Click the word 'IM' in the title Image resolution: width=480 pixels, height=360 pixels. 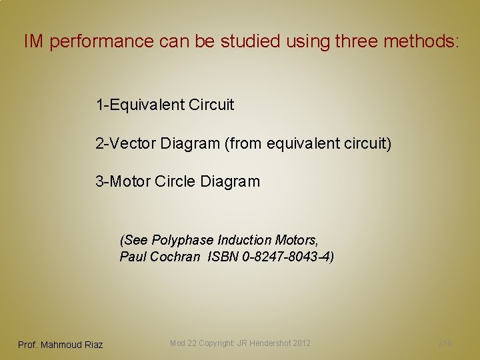pyautogui.click(x=34, y=42)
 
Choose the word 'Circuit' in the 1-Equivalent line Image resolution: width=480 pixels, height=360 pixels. pyautogui.click(x=211, y=105)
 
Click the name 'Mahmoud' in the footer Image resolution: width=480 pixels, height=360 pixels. pyautogui.click(x=61, y=345)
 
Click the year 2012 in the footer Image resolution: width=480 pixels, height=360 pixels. pyautogui.click(x=301, y=343)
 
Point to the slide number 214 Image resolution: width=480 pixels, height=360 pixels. pyautogui.click(x=444, y=343)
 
